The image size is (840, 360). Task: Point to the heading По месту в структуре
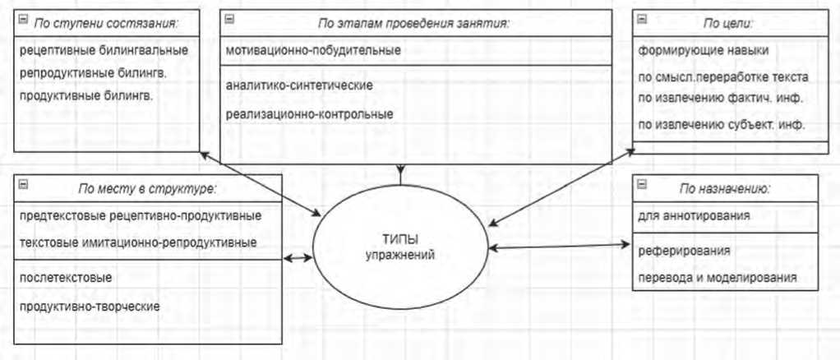pos(147,188)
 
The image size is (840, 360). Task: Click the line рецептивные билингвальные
pos(103,50)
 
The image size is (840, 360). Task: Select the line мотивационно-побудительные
pos(313,50)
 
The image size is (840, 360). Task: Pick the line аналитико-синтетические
pos(299,85)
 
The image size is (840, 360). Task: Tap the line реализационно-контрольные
pos(308,113)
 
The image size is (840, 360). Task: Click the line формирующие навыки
pos(704,50)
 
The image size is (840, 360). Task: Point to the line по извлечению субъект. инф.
pos(721,125)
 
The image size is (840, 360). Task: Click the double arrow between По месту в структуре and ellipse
pos(298,258)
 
